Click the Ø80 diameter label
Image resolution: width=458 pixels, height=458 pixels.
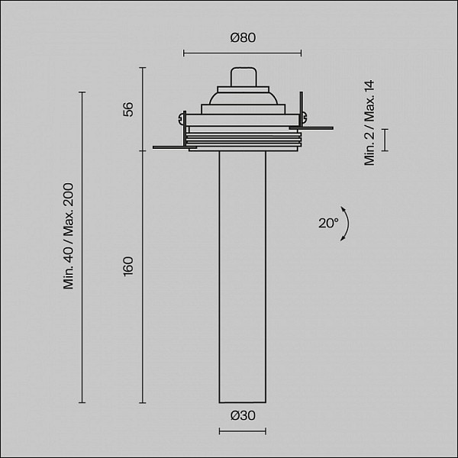(243, 37)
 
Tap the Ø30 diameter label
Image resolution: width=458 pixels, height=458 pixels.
(243, 415)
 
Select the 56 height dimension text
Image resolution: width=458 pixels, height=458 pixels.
(128, 109)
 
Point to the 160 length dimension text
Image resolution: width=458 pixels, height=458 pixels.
(128, 266)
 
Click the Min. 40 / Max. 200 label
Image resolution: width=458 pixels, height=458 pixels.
(69, 236)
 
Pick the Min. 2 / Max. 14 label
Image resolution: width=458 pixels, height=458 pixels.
(369, 123)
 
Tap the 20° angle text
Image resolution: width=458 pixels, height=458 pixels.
(328, 223)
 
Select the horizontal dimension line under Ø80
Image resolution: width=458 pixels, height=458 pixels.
(243, 53)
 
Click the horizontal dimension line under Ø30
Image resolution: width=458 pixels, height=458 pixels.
(243, 431)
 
